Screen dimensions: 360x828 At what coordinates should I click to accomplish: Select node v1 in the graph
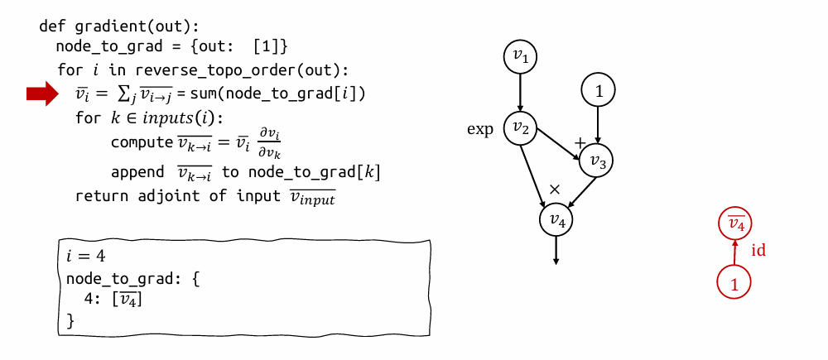point(520,56)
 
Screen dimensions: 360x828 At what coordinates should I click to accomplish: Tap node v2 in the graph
point(520,128)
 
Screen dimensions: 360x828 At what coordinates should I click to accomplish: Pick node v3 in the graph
point(597,161)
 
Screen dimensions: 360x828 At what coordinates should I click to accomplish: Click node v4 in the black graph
point(556,219)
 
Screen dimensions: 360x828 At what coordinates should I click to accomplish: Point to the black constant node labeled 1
point(598,90)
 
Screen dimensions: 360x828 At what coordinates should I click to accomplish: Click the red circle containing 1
point(734,283)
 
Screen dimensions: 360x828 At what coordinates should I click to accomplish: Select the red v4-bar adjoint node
point(735,224)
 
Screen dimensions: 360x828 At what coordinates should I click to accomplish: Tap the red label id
point(758,251)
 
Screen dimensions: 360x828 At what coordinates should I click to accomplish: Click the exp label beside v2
point(480,130)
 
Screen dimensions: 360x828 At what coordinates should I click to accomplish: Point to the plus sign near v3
point(580,143)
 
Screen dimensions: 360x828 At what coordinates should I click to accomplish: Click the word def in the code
point(52,26)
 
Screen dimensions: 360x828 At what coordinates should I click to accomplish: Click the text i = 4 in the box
point(86,256)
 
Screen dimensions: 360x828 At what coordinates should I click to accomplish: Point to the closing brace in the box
point(70,319)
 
